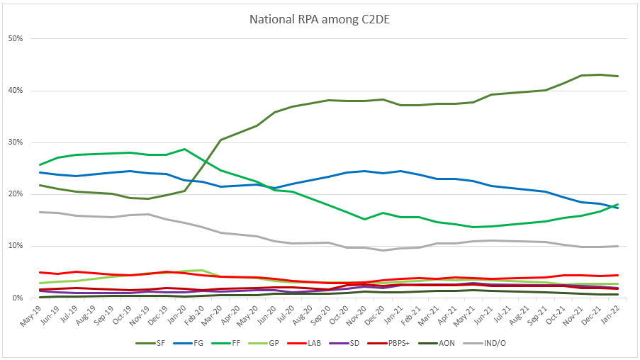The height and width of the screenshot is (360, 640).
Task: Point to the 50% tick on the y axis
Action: pyautogui.click(x=16, y=38)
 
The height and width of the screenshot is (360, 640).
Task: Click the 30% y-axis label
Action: pyautogui.click(x=16, y=142)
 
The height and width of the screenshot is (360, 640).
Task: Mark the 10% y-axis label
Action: pyautogui.click(x=16, y=246)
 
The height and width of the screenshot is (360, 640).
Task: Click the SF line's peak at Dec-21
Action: pyautogui.click(x=600, y=74)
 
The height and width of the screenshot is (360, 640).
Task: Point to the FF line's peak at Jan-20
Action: pyautogui.click(x=184, y=149)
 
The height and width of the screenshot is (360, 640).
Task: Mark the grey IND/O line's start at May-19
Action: pyautogui.click(x=40, y=212)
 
